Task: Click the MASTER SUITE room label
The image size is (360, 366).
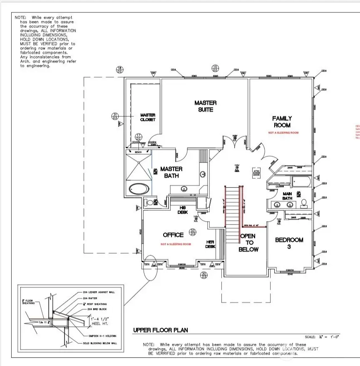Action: point(206,106)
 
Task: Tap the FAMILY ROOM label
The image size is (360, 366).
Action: point(282,122)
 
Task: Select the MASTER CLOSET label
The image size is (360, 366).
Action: point(147,117)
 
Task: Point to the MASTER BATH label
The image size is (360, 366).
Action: point(171,172)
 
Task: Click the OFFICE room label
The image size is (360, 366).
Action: point(173,235)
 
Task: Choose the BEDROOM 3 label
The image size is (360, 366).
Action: point(289,243)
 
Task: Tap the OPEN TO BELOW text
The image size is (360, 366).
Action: point(248,242)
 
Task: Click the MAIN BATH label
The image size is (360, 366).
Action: point(287,195)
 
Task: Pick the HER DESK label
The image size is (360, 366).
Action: point(211,244)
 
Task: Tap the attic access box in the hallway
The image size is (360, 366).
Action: point(257,173)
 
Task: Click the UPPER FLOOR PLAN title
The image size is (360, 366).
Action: point(160,330)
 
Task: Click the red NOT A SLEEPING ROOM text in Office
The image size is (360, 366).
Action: point(176,244)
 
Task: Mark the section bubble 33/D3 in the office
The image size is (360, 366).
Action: point(192,231)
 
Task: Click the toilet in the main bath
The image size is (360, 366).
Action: point(304,203)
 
